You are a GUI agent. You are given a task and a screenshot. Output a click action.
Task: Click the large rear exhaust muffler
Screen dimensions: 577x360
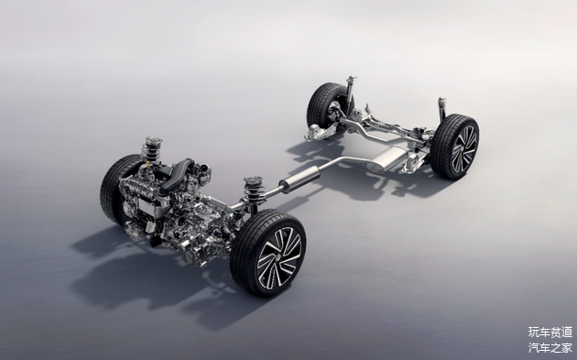pyautogui.click(x=386, y=160)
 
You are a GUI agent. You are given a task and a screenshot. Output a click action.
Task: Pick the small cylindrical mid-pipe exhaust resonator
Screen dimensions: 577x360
pyautogui.click(x=299, y=179)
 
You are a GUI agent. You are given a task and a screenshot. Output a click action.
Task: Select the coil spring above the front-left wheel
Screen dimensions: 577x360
pyautogui.click(x=152, y=150)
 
